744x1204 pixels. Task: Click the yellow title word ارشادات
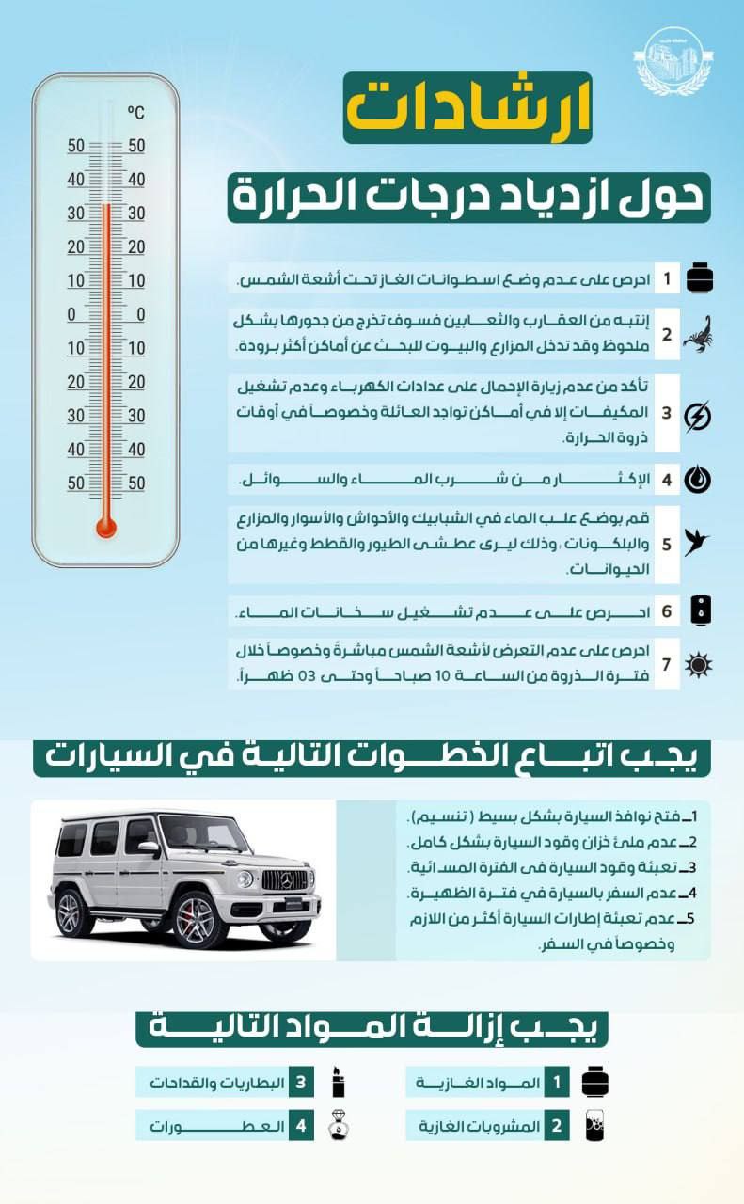[467, 107]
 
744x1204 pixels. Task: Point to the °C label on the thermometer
[135, 113]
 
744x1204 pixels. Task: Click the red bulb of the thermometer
[106, 526]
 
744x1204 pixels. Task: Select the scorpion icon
[697, 332]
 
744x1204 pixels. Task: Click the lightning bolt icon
[697, 415]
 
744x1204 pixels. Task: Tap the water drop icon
[697, 480]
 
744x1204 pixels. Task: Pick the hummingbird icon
[697, 543]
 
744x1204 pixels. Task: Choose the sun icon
[698, 665]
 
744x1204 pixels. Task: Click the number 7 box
[666, 665]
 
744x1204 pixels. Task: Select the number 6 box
[666, 611]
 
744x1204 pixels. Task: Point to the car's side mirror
[150, 848]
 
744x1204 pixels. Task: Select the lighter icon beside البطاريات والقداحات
[339, 1083]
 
